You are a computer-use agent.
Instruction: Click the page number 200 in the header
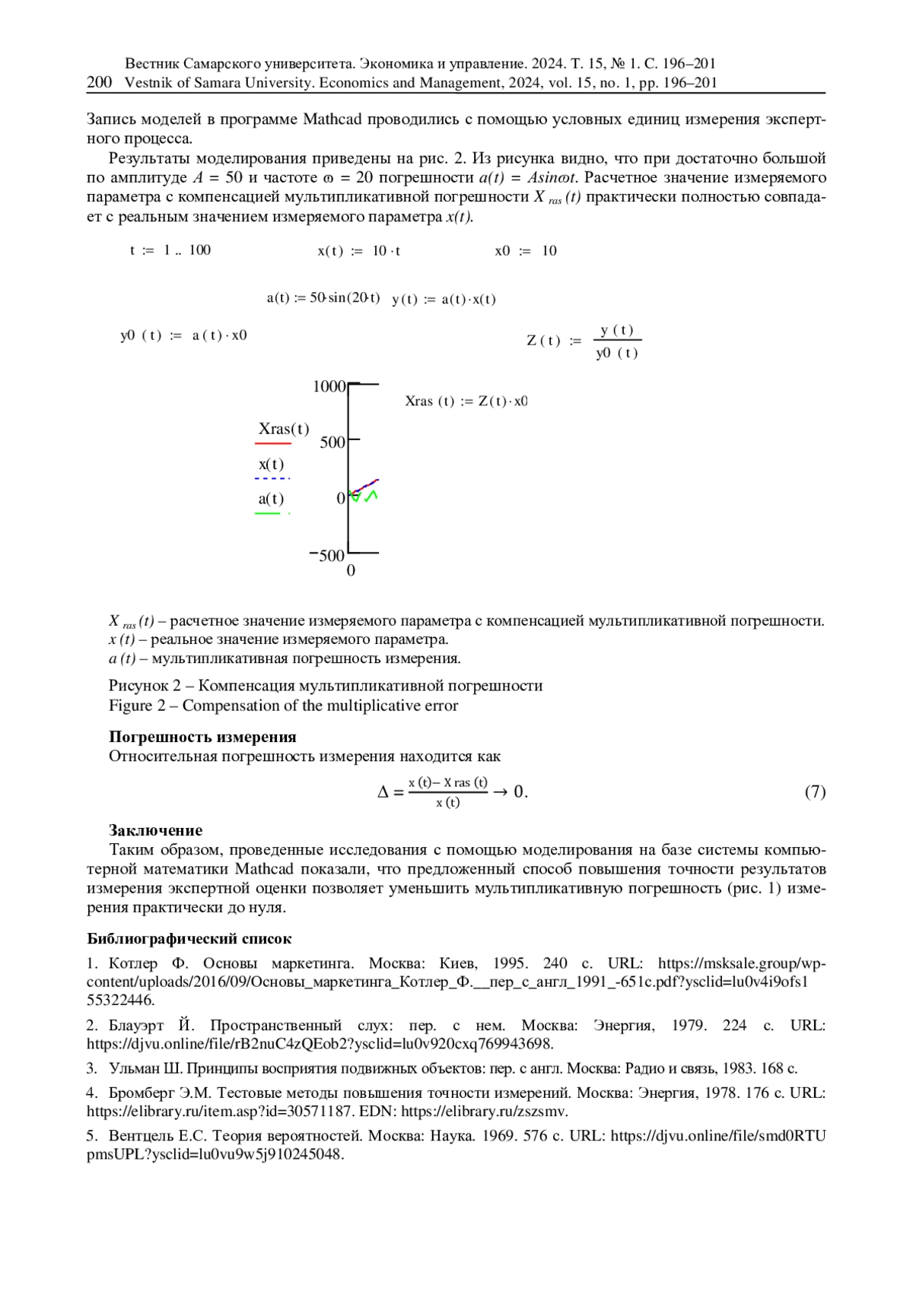[x=100, y=82]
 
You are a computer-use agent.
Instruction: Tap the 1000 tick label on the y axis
[x=329, y=386]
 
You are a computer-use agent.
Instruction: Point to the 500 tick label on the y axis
[x=332, y=442]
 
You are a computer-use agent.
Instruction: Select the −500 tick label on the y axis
[x=327, y=555]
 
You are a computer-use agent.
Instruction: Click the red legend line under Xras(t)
[x=273, y=442]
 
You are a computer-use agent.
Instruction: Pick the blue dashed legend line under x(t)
[x=272, y=478]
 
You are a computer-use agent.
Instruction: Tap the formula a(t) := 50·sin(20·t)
[x=323, y=298]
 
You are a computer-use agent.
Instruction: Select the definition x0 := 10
[x=526, y=251]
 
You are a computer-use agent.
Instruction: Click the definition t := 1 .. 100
[x=170, y=250]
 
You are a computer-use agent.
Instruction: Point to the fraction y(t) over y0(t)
[x=616, y=341]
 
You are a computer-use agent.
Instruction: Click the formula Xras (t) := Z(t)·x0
[x=466, y=401]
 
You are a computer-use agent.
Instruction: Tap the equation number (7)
[x=815, y=791]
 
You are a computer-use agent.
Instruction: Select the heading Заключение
[x=155, y=829]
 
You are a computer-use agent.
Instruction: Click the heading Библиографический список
[x=189, y=938]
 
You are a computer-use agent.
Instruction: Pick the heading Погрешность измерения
[x=202, y=737]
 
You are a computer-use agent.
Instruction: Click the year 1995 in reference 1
[x=510, y=963]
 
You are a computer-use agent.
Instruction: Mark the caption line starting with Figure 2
[x=283, y=706]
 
